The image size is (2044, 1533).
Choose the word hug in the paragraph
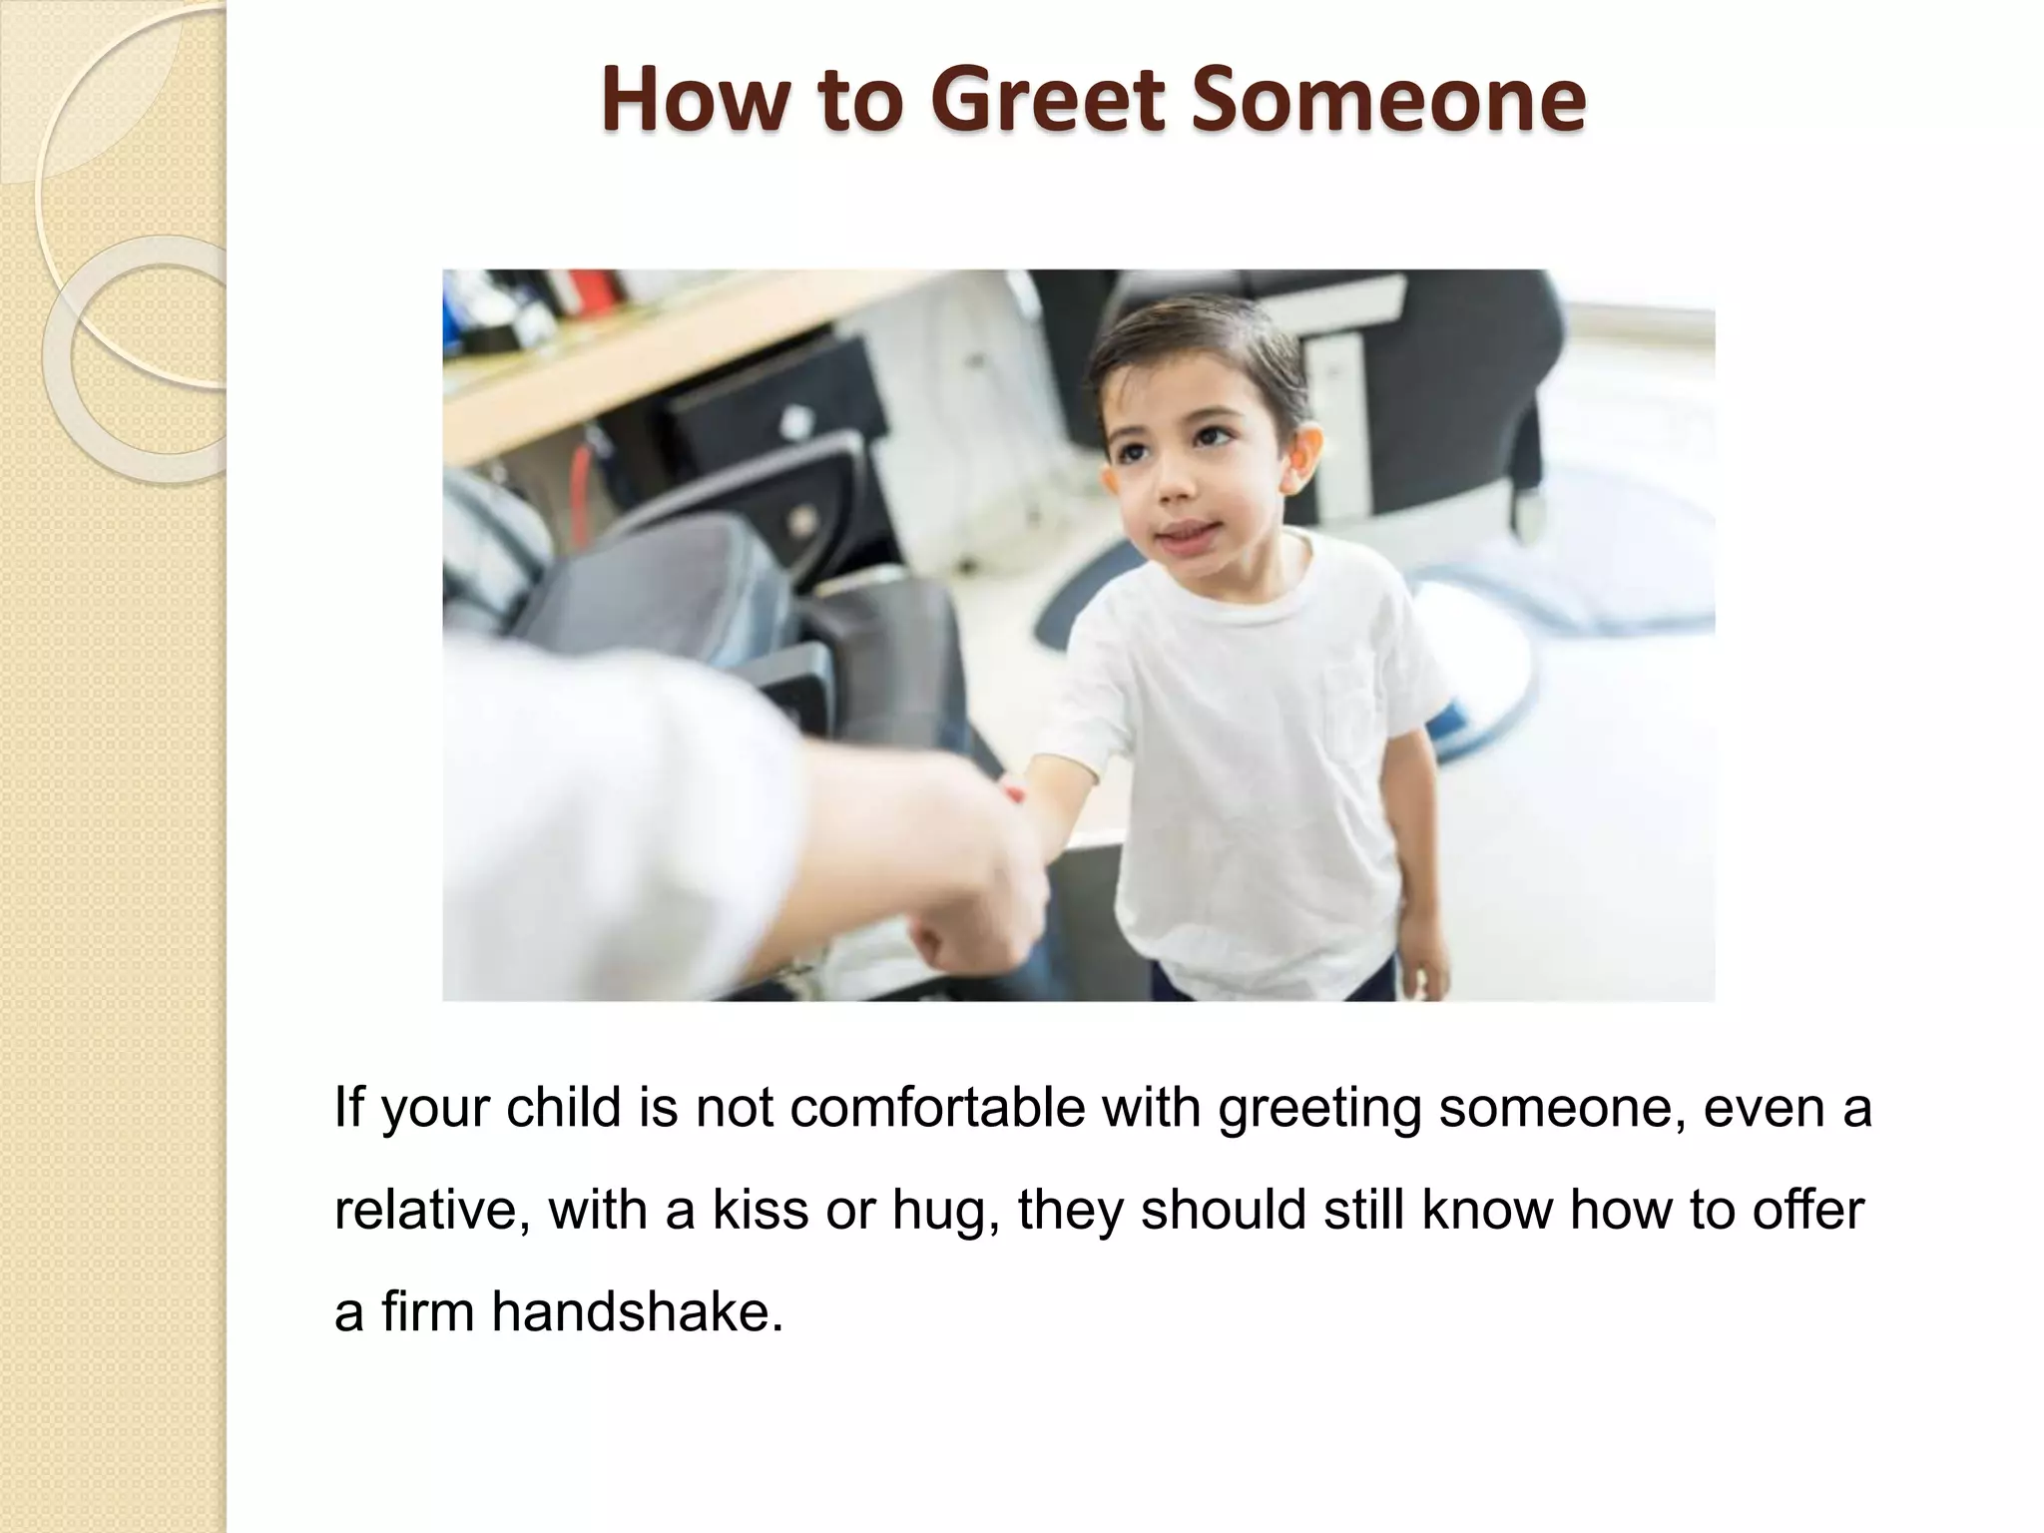click(x=944, y=1212)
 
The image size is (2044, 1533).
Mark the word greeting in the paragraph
click(x=1318, y=1110)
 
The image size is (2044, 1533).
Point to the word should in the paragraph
click(x=1224, y=1210)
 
